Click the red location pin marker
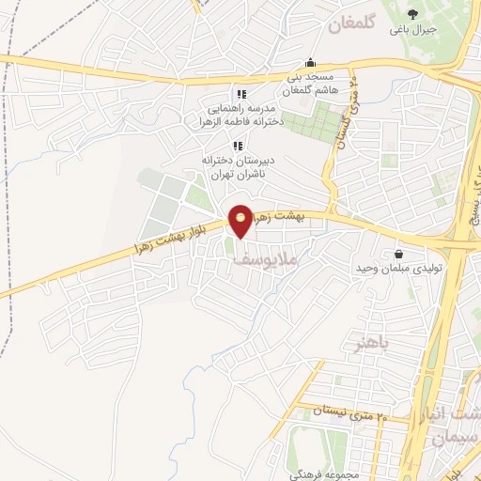[241, 220]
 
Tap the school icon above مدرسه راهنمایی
[241, 94]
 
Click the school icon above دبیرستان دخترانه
[238, 146]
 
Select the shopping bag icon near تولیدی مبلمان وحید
[399, 254]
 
